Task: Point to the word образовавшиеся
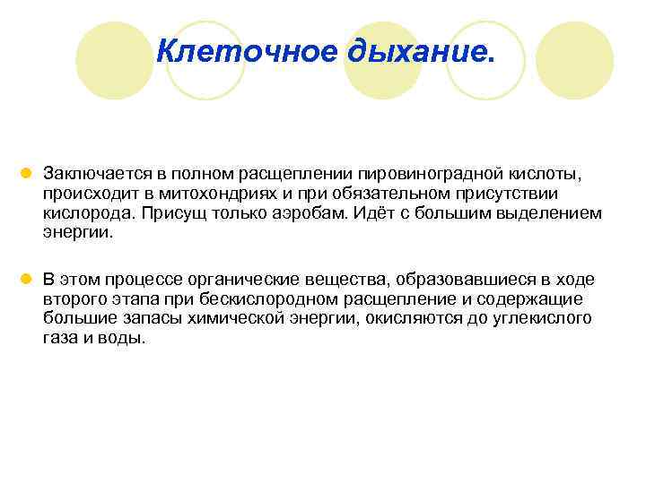click(444, 281)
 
